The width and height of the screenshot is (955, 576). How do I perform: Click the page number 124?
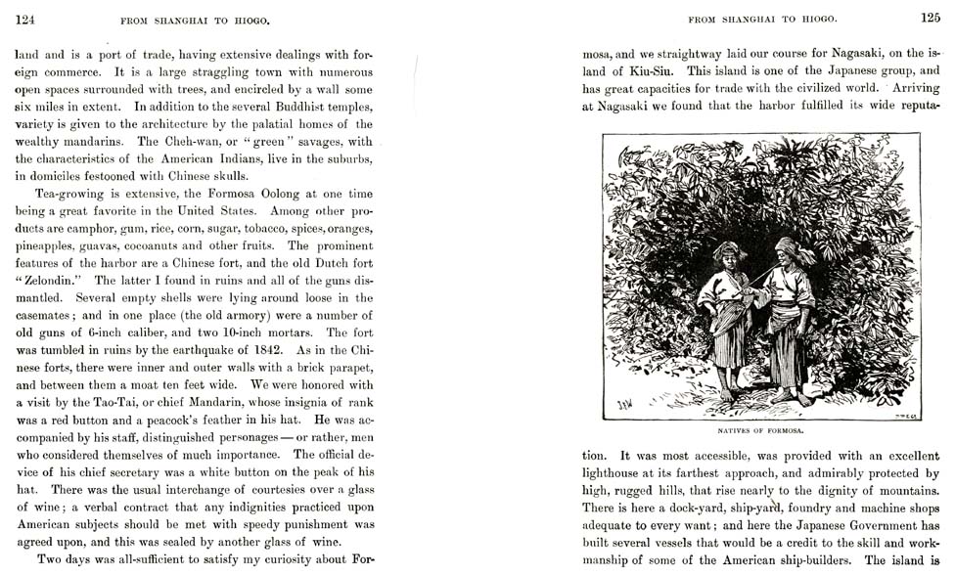click(26, 18)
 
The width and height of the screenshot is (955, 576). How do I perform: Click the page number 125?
click(929, 17)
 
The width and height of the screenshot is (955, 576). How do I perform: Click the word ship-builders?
click(806, 560)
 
